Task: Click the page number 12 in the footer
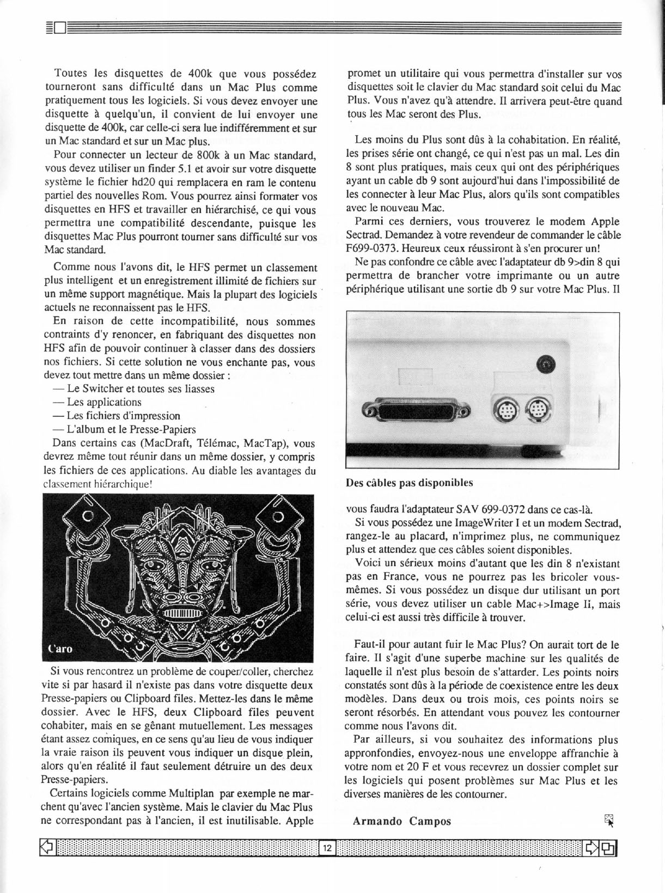click(x=327, y=848)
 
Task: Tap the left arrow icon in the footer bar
click(x=47, y=847)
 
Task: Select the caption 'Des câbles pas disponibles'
click(x=409, y=483)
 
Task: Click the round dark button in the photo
click(x=545, y=365)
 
